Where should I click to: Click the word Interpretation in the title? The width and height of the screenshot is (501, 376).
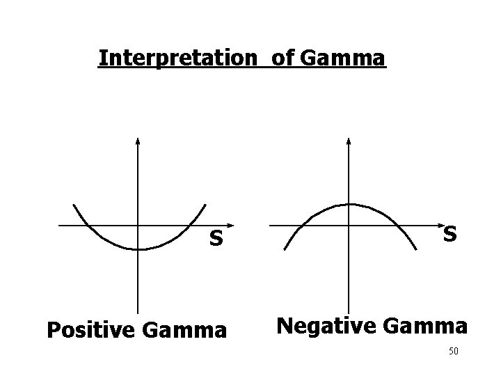177,58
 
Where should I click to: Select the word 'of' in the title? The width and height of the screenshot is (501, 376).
282,58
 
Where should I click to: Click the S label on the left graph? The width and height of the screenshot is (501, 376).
217,240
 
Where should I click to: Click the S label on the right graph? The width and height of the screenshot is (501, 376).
450,235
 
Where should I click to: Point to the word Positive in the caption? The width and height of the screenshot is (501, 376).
90,329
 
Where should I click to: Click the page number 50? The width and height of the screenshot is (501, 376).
453,351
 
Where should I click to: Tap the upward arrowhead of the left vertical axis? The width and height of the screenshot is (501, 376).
138,141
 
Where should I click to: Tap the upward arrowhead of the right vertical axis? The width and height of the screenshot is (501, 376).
349,141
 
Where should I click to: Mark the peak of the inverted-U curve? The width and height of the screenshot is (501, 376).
350,204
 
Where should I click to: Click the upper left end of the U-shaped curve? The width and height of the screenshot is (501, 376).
74,204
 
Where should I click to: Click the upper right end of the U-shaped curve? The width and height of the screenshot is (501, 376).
206,204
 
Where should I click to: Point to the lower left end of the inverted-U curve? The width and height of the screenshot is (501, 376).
285,249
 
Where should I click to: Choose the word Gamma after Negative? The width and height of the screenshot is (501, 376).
424,324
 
